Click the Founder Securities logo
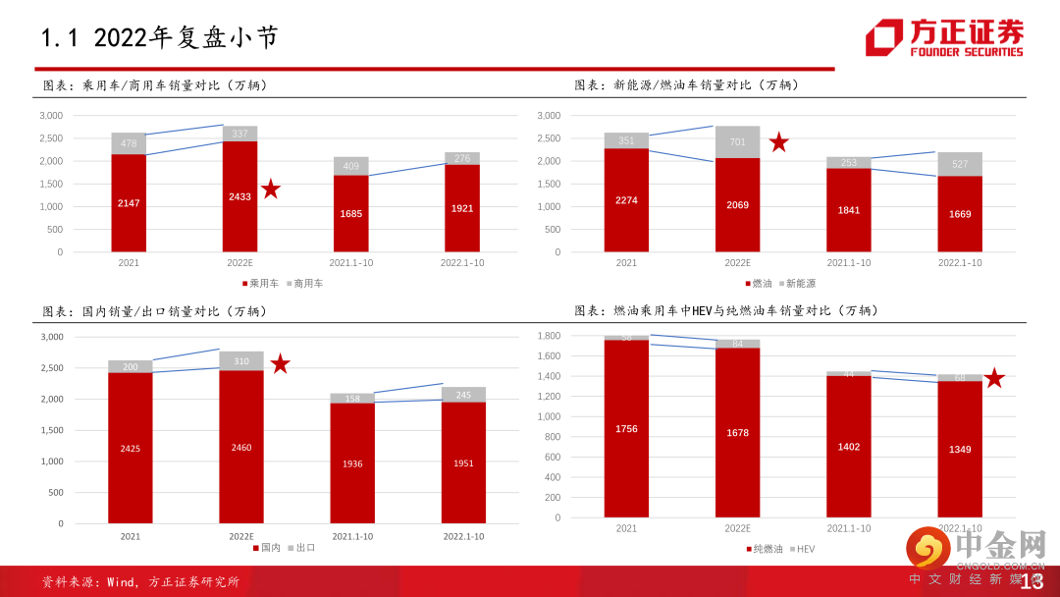pyautogui.click(x=943, y=38)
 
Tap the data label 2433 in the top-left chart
pyautogui.click(x=239, y=196)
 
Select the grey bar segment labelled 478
pyautogui.click(x=129, y=143)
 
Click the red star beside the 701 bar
pyautogui.click(x=779, y=142)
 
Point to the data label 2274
pyautogui.click(x=626, y=201)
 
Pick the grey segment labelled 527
pyautogui.click(x=960, y=164)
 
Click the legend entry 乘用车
pyautogui.click(x=260, y=283)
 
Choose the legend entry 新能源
pyautogui.click(x=800, y=283)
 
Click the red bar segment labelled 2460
pyautogui.click(x=240, y=447)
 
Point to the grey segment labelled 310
pyautogui.click(x=240, y=360)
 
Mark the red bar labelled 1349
pyautogui.click(x=960, y=449)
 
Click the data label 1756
pyautogui.click(x=626, y=428)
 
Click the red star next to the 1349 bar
pyautogui.click(x=994, y=378)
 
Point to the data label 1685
pyautogui.click(x=350, y=214)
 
